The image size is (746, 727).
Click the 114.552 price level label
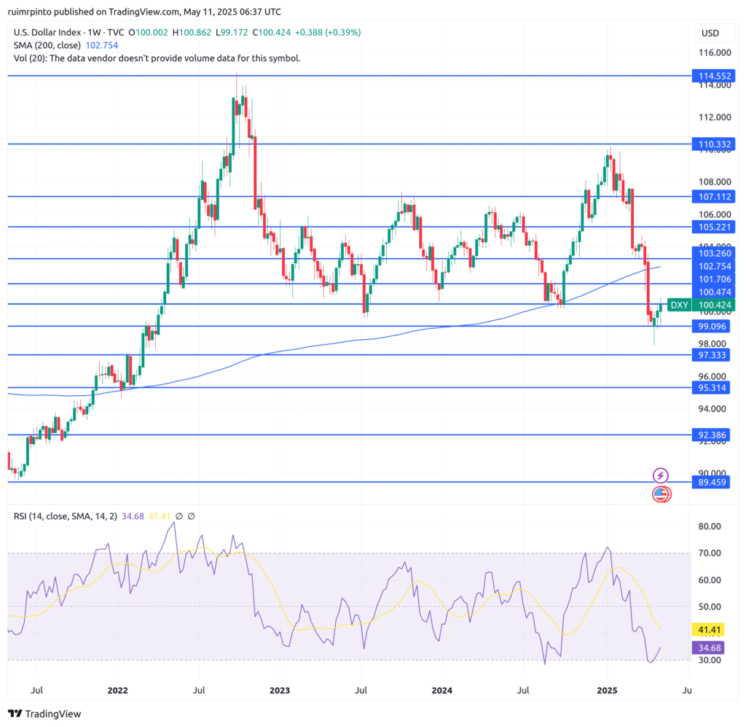[713, 76]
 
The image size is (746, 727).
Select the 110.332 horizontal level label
[713, 145]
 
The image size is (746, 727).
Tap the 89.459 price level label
[713, 482]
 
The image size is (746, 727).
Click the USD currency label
[710, 33]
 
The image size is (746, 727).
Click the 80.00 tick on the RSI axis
[709, 526]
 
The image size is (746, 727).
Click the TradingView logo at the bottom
[44, 714]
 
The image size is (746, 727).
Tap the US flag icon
[661, 494]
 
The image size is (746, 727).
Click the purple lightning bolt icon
[661, 475]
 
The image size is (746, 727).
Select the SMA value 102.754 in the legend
[98, 45]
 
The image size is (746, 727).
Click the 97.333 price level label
[713, 354]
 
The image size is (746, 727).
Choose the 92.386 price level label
[713, 435]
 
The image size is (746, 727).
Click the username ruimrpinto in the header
[39, 12]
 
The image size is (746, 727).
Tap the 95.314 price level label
[713, 388]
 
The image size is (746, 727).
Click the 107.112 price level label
[713, 197]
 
